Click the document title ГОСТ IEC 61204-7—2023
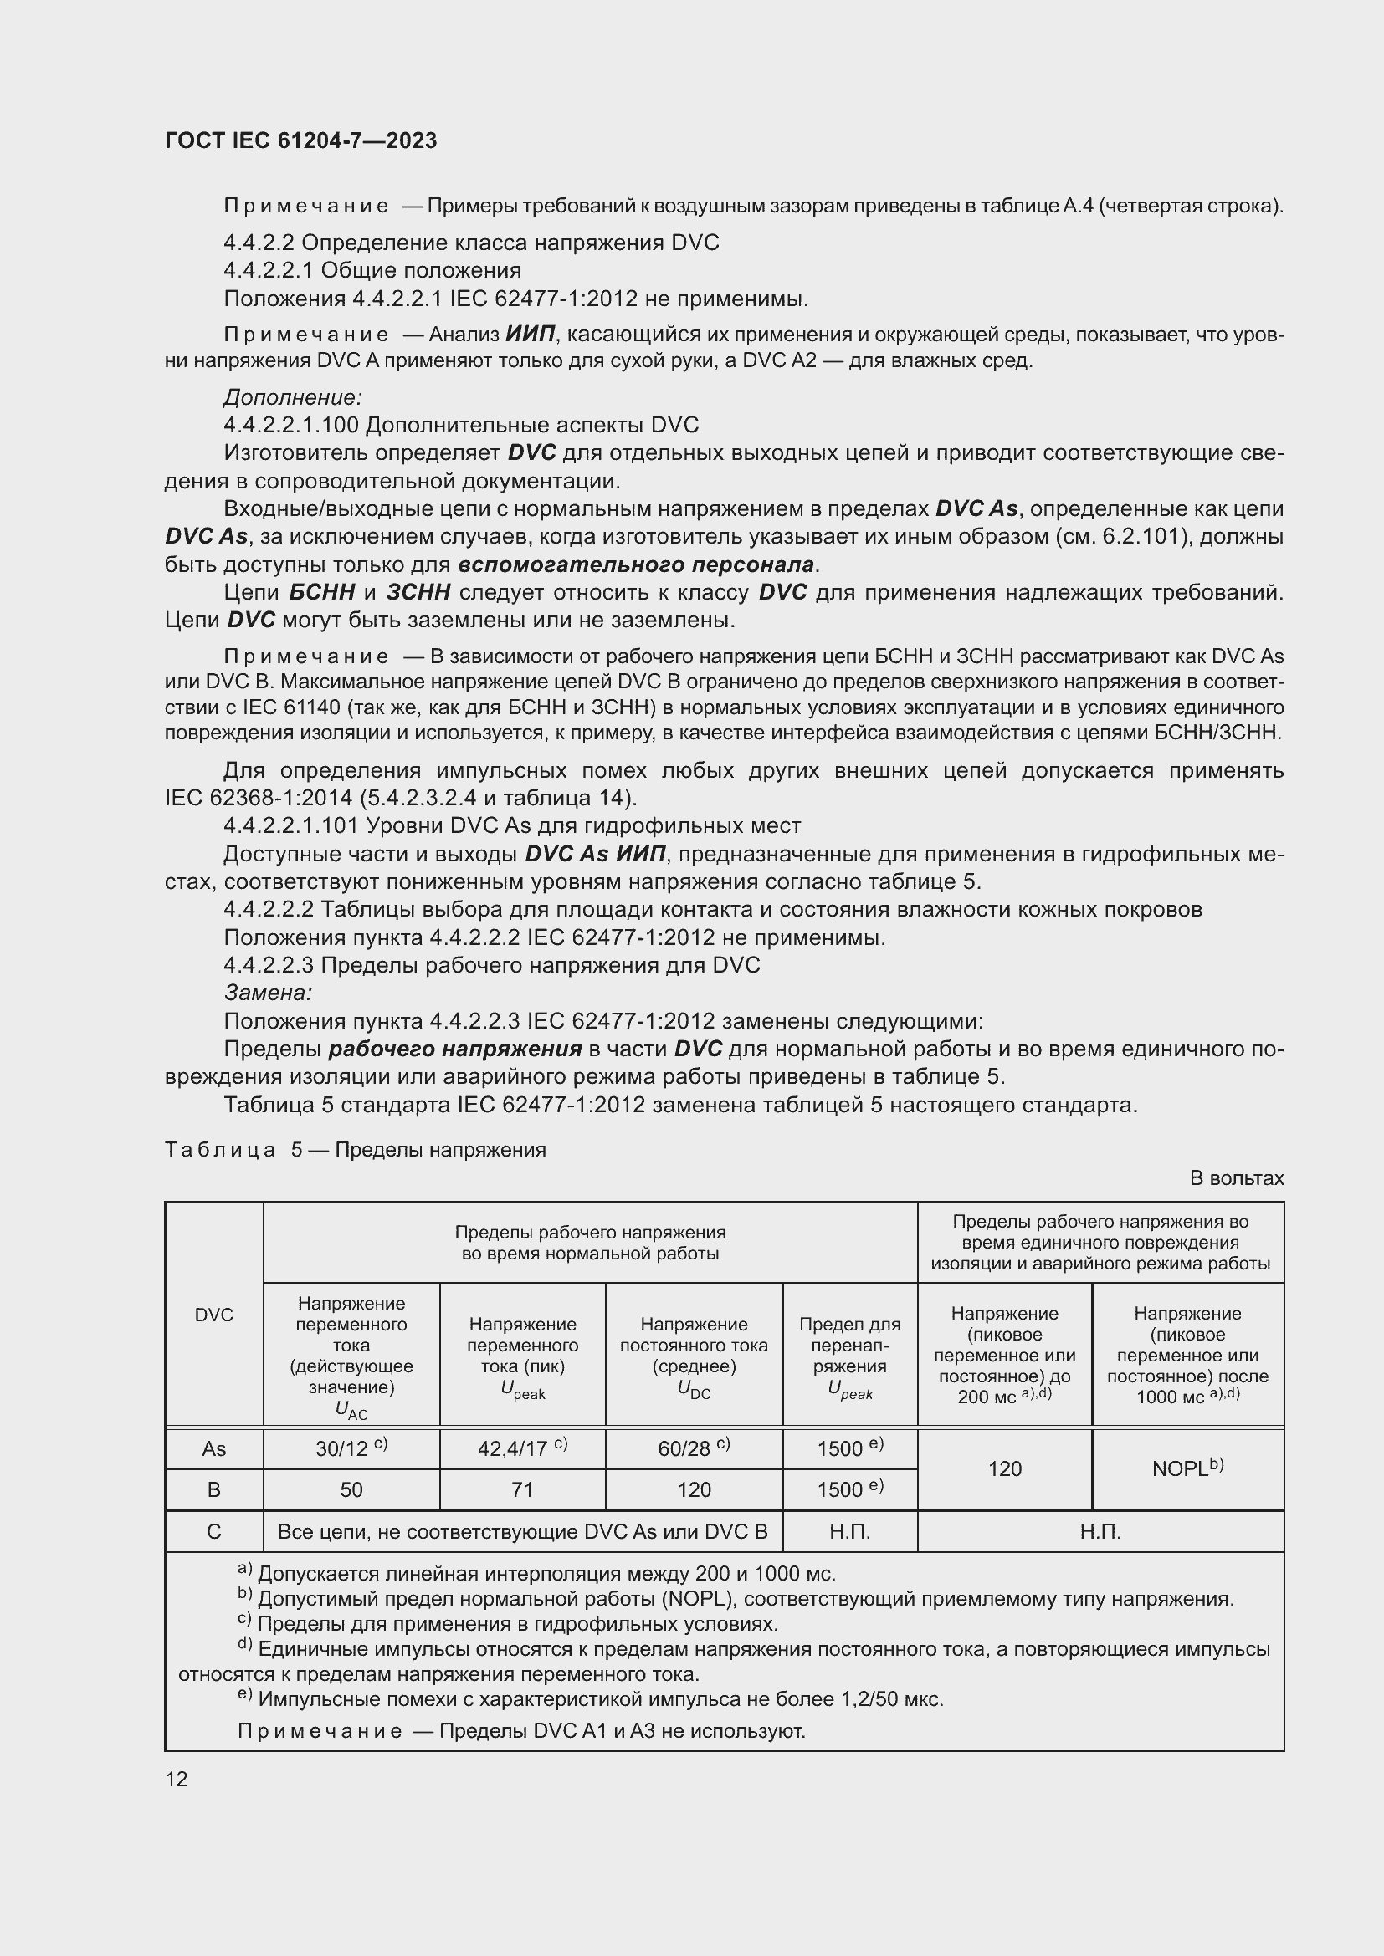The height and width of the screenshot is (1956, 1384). click(x=301, y=140)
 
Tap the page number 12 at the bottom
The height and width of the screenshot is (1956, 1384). click(x=177, y=1779)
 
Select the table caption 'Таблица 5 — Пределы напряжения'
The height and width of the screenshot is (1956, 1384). click(x=356, y=1150)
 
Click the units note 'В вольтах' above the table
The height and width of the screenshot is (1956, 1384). click(x=1236, y=1178)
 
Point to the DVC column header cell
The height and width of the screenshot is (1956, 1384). click(x=214, y=1315)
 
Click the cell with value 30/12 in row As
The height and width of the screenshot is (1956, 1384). click(x=351, y=1448)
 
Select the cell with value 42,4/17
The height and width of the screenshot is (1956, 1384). click(x=522, y=1448)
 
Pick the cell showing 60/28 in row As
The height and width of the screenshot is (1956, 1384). click(x=694, y=1448)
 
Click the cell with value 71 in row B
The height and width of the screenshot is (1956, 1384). click(x=522, y=1489)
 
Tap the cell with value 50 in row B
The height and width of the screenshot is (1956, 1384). click(x=351, y=1489)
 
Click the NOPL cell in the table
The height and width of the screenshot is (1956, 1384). click(x=1187, y=1468)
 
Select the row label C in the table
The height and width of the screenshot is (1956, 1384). click(x=214, y=1532)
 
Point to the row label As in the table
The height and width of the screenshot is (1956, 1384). click(x=214, y=1448)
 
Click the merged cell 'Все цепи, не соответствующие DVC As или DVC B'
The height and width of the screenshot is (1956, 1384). click(x=522, y=1532)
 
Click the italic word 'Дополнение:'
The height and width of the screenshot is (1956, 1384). click(x=293, y=397)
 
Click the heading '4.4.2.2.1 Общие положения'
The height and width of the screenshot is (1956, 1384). click(x=372, y=271)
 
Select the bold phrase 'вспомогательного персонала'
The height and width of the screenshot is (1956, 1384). click(x=636, y=564)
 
